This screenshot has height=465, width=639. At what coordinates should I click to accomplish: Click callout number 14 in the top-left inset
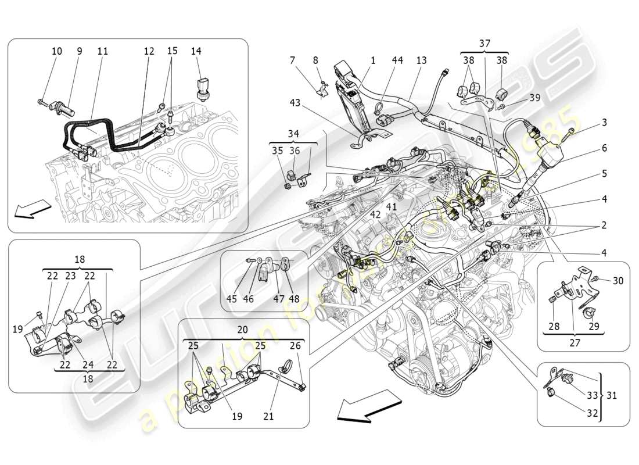coord(196,52)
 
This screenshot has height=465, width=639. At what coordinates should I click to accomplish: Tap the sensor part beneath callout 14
coord(203,87)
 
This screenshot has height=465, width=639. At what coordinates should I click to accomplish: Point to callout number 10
coord(56,52)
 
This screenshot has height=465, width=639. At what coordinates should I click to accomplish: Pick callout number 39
coord(534,98)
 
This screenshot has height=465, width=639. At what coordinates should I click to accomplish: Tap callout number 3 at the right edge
coord(604,122)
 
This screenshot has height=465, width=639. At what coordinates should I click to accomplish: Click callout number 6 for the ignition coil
coord(604,148)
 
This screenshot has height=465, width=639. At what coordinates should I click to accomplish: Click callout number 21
coord(268,416)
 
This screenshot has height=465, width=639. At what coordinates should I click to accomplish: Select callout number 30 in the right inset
coord(618,280)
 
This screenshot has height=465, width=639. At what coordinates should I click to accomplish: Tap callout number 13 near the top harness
coord(421,60)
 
